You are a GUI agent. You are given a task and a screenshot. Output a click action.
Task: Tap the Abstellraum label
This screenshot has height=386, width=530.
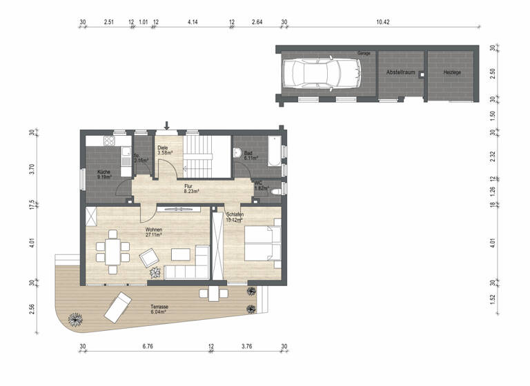coord(400,72)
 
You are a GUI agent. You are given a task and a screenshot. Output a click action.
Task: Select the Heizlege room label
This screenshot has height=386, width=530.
coord(452,72)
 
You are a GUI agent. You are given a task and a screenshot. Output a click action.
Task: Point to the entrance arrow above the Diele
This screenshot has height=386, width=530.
coord(166,125)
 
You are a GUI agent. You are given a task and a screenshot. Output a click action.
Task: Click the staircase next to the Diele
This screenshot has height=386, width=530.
coord(201,156)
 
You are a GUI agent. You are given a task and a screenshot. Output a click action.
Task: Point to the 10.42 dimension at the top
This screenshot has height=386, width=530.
coord(383,22)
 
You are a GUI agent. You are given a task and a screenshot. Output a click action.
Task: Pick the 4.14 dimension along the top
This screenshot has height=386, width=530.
coord(193,22)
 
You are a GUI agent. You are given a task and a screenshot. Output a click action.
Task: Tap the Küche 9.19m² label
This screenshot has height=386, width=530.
coord(104,174)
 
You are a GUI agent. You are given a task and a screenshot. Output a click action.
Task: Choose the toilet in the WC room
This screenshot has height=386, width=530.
coord(275,190)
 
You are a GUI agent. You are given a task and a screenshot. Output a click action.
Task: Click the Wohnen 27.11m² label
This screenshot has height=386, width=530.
coord(153,232)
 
